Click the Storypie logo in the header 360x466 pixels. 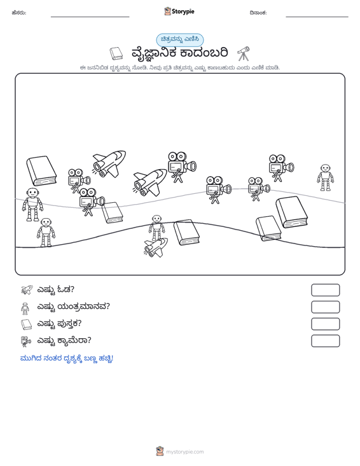click(179, 11)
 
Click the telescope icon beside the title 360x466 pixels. click(243, 54)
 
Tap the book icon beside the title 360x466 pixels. click(116, 53)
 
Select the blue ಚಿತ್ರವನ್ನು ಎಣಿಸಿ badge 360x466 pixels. click(180, 40)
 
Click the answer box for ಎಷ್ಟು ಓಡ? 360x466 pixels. click(325, 290)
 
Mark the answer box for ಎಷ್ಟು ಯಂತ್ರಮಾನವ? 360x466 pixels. click(325, 307)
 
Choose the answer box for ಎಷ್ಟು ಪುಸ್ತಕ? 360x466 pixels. click(325, 324)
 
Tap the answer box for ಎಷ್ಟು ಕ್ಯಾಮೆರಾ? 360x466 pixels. click(325, 341)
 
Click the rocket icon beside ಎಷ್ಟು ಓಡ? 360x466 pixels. click(27, 290)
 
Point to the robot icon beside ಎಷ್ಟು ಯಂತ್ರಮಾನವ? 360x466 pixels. click(25, 308)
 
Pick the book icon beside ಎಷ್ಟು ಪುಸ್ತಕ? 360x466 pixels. click(26, 324)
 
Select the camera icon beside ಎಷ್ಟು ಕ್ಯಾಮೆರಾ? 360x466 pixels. click(26, 341)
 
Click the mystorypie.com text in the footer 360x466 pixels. click(184, 452)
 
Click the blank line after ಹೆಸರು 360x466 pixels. click(90, 17)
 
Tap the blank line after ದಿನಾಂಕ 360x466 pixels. click(317, 17)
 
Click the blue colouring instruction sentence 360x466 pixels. click(67, 359)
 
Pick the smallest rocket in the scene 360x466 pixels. click(155, 247)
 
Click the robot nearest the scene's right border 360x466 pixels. click(325, 177)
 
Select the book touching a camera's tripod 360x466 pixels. click(112, 212)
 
